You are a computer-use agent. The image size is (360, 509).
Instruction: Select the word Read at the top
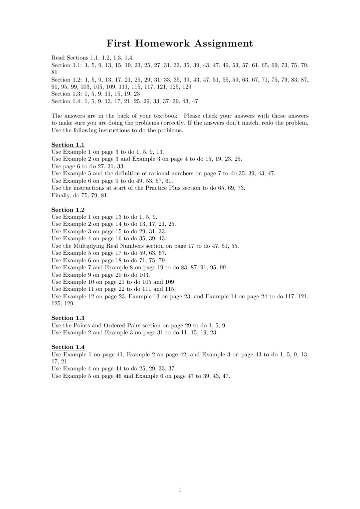pos(58,58)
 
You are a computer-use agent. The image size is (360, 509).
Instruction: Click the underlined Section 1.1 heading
pos(68,145)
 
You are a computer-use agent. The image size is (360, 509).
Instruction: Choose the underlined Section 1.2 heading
pos(68,210)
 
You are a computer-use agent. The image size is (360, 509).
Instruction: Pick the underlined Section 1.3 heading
pos(68,318)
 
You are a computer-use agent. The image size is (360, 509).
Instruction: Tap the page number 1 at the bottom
pos(180,490)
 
